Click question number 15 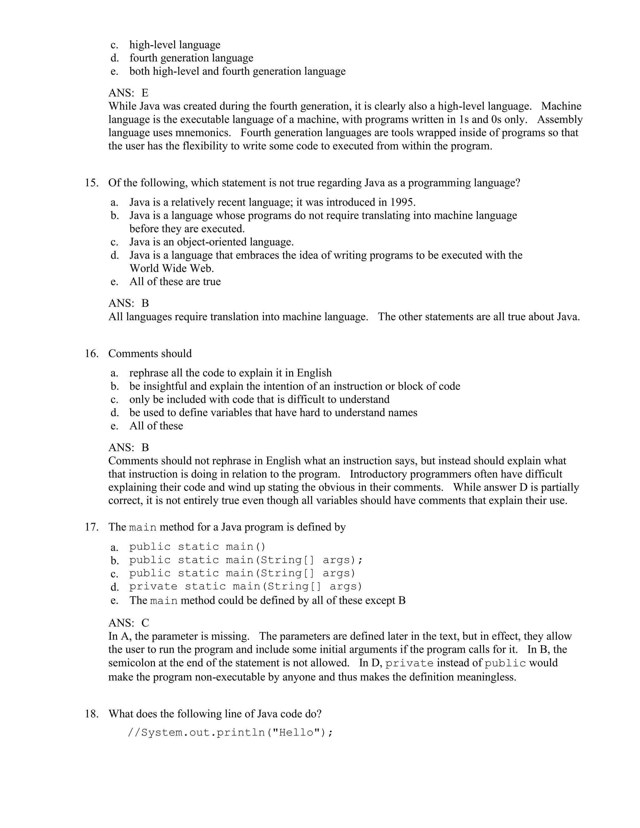[91, 183]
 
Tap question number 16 [91, 353]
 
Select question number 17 [91, 527]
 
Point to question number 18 [91, 714]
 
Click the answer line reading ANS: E [128, 93]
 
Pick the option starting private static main [246, 586]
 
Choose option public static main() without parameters [197, 547]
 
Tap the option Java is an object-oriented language [212, 242]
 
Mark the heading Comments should [150, 353]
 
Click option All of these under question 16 [156, 426]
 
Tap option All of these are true [175, 282]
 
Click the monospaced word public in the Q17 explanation [505, 663]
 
